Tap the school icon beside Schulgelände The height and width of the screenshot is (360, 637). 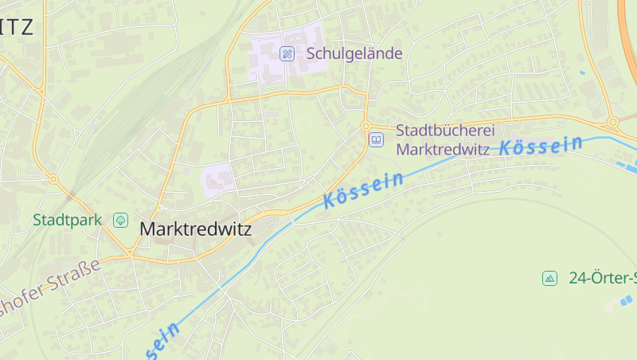tap(287, 53)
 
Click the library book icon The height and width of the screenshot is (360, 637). tap(376, 139)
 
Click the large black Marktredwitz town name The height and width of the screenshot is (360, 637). tap(195, 229)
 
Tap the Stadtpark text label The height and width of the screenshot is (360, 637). tap(67, 219)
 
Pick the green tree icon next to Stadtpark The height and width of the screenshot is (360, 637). tap(120, 219)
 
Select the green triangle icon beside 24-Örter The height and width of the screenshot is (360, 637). tap(549, 278)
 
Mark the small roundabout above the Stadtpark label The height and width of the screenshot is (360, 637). tap(53, 179)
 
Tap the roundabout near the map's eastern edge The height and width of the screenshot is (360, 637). tap(612, 122)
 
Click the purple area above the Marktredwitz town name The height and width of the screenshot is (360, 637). tap(217, 178)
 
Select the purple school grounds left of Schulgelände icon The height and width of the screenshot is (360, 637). tap(267, 56)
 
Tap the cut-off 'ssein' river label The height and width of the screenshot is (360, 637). tap(162, 339)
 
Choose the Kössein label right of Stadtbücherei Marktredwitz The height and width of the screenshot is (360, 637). tap(541, 145)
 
